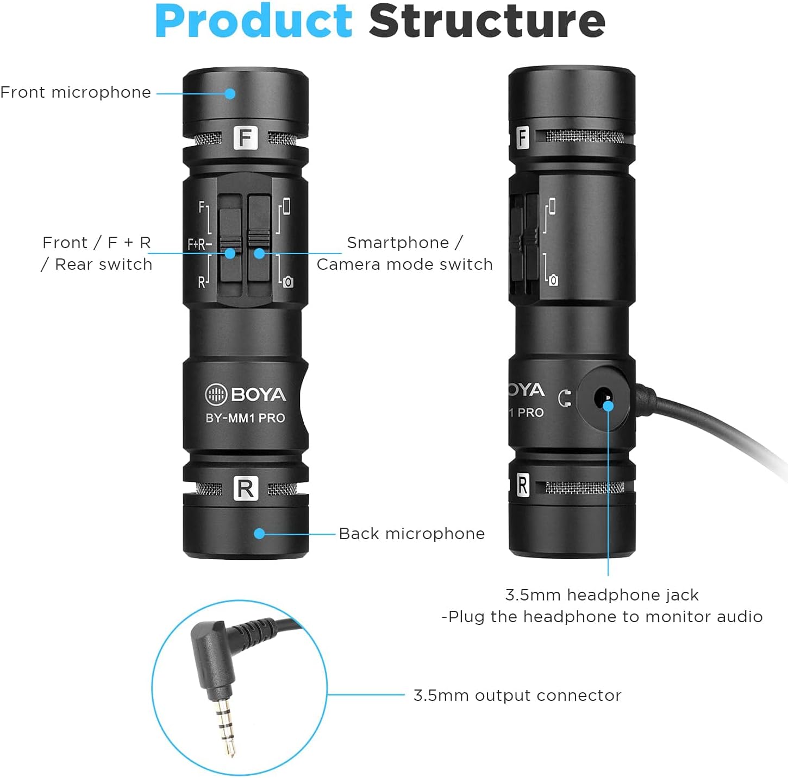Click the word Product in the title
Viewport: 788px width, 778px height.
pyautogui.click(x=254, y=22)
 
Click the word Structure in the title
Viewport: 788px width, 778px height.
pyautogui.click(x=487, y=22)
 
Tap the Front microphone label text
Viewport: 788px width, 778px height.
pyautogui.click(x=76, y=92)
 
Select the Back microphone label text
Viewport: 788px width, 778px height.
pyautogui.click(x=411, y=534)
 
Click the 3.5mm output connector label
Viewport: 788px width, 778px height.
pyautogui.click(x=517, y=695)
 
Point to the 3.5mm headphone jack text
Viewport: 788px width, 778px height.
pyautogui.click(x=602, y=595)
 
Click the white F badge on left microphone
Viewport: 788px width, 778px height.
pyautogui.click(x=245, y=138)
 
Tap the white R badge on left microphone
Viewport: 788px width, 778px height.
pyautogui.click(x=245, y=489)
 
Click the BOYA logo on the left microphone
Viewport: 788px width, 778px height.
pyautogui.click(x=246, y=395)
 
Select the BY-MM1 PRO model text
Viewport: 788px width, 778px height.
pyautogui.click(x=245, y=418)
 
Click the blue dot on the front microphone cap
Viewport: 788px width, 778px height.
pyautogui.click(x=230, y=93)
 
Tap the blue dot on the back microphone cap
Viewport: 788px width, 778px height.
pyautogui.click(x=260, y=534)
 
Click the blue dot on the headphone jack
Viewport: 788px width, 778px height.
pyautogui.click(x=608, y=405)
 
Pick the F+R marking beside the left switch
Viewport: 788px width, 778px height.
pyautogui.click(x=199, y=244)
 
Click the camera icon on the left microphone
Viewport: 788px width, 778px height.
pyautogui.click(x=288, y=282)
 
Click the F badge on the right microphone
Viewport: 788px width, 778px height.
pyautogui.click(x=522, y=137)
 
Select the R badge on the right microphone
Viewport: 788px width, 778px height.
pyautogui.click(x=522, y=485)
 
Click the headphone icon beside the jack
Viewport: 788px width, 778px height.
pyautogui.click(x=565, y=399)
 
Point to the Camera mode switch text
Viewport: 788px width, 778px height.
pyautogui.click(x=404, y=264)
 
